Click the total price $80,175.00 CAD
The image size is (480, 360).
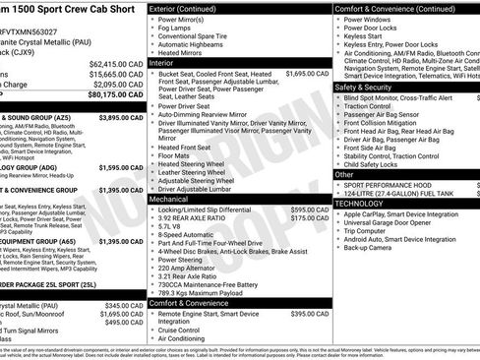[114, 96]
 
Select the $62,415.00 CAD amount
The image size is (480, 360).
[115, 62]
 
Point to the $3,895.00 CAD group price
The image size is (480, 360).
[122, 118]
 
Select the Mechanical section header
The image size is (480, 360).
[170, 198]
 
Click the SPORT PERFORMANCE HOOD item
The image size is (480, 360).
[391, 184]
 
